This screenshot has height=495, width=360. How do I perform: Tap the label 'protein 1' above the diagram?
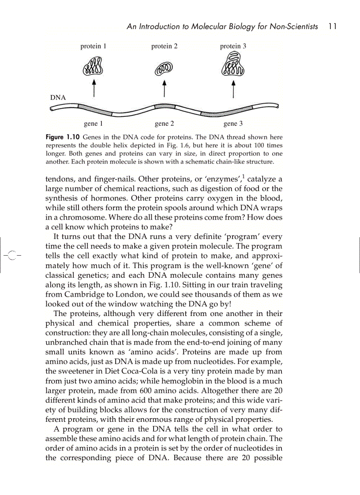(93, 46)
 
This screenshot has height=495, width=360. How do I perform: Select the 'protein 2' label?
(164, 46)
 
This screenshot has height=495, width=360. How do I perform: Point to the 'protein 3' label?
(233, 46)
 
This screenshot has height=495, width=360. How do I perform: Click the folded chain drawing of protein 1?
(93, 67)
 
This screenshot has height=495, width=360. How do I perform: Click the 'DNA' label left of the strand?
(58, 97)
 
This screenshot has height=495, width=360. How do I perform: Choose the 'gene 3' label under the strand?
(233, 124)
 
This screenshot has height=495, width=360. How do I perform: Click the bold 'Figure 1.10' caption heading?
(63, 138)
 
